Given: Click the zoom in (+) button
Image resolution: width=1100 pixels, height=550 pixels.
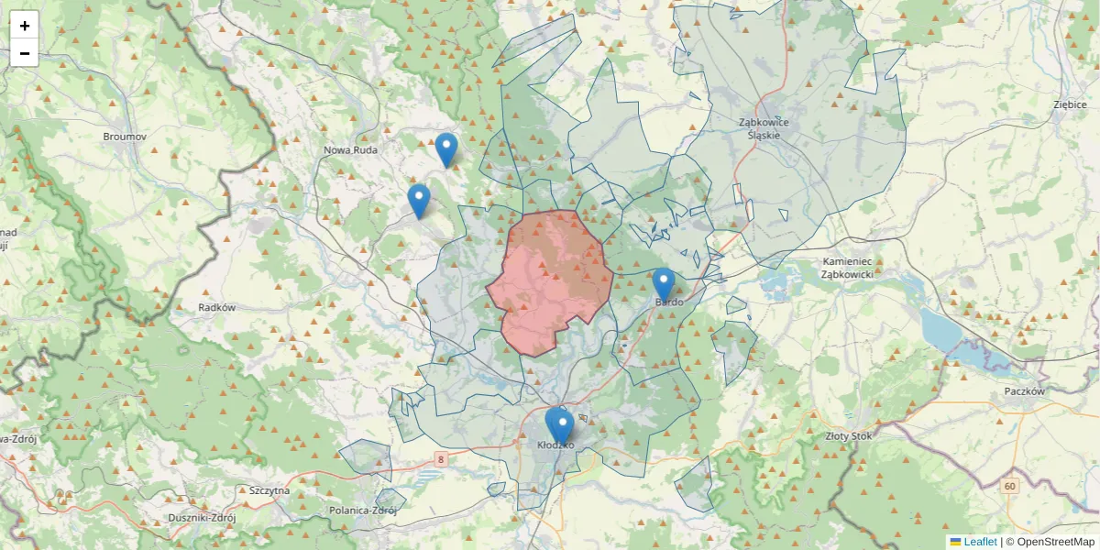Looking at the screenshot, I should (25, 26).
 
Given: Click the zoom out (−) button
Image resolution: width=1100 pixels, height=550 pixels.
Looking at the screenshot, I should (25, 53).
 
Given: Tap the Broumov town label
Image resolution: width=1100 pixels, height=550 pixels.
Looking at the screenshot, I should (126, 137).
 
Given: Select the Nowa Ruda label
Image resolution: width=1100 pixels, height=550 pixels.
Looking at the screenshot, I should (351, 149).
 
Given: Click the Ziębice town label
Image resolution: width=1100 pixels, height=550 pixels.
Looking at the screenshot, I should (1071, 104).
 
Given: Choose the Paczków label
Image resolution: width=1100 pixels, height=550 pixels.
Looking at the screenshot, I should (1025, 390).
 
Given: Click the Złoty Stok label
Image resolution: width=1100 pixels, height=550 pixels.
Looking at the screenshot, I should (849, 436).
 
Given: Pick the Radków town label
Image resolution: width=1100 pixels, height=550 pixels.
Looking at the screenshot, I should (217, 308).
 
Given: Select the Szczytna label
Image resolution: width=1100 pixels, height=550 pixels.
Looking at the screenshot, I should (269, 490).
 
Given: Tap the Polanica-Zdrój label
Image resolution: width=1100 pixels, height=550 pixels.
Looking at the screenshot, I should (363, 511).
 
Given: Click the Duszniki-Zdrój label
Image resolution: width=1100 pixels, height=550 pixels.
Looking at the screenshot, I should (203, 518).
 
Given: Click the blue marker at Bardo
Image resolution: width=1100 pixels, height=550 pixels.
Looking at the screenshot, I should (664, 284).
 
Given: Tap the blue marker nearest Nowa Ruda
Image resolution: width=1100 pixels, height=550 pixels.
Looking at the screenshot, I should (445, 149).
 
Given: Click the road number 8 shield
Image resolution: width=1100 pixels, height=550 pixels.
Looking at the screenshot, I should (441, 459).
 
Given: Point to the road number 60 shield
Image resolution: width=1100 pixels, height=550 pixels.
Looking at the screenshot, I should (1009, 486).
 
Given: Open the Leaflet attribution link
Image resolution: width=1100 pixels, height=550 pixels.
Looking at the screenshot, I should (980, 542).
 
